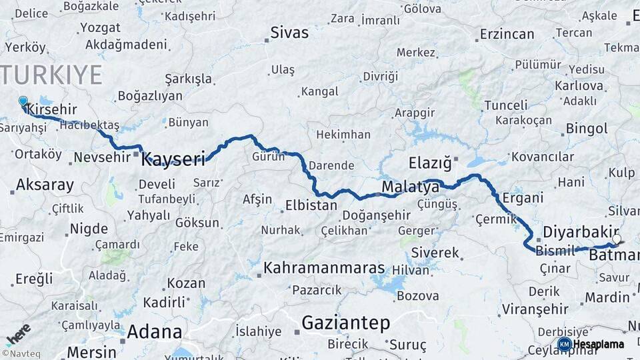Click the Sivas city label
290,33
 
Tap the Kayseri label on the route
173,159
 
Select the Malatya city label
411,187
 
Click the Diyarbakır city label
577,233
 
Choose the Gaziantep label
345,323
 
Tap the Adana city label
154,331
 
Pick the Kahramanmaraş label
324,269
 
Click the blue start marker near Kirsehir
23,102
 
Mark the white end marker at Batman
617,239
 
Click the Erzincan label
507,34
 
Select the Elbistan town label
311,205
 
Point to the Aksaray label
45,185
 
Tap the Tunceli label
505,105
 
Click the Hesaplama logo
591,344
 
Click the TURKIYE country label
52,75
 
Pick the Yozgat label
100,28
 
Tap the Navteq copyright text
19,353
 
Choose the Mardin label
607,297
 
